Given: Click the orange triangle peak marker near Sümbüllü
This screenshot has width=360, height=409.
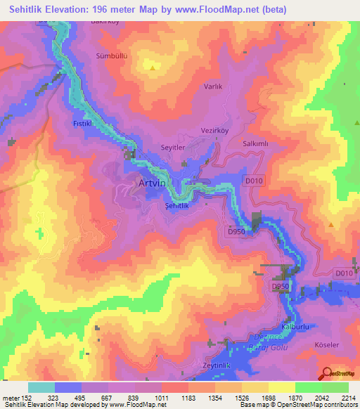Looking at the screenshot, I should point(153,67).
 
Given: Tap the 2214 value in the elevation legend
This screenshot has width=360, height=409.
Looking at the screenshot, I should point(349,397).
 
